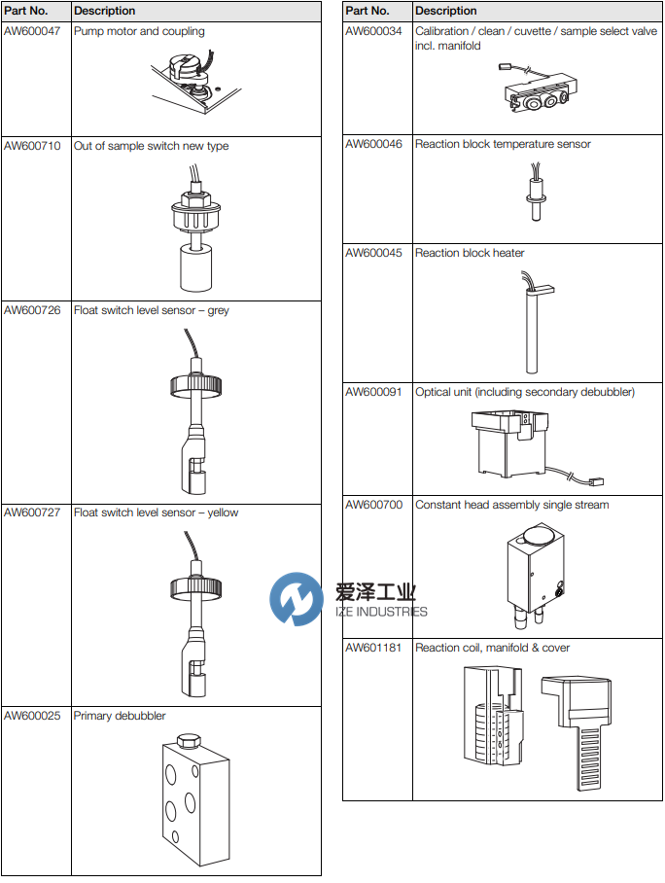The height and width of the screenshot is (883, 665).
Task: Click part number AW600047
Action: (x=32, y=31)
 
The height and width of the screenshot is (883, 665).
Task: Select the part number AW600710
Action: (x=32, y=146)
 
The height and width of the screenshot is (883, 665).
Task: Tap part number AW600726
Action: (x=32, y=311)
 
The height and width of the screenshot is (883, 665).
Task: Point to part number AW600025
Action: (x=32, y=716)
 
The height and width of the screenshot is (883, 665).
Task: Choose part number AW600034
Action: (x=374, y=31)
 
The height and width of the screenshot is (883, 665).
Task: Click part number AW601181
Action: (x=374, y=648)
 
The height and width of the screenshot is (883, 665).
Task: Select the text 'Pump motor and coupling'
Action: (x=139, y=31)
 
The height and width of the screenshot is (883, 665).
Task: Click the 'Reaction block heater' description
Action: (x=470, y=253)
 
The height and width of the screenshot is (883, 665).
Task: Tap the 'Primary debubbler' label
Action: (x=120, y=716)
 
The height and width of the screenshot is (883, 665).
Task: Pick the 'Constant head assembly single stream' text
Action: (x=511, y=505)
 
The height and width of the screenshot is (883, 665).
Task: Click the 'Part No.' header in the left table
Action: (x=25, y=11)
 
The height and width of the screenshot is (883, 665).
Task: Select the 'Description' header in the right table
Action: (x=445, y=11)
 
